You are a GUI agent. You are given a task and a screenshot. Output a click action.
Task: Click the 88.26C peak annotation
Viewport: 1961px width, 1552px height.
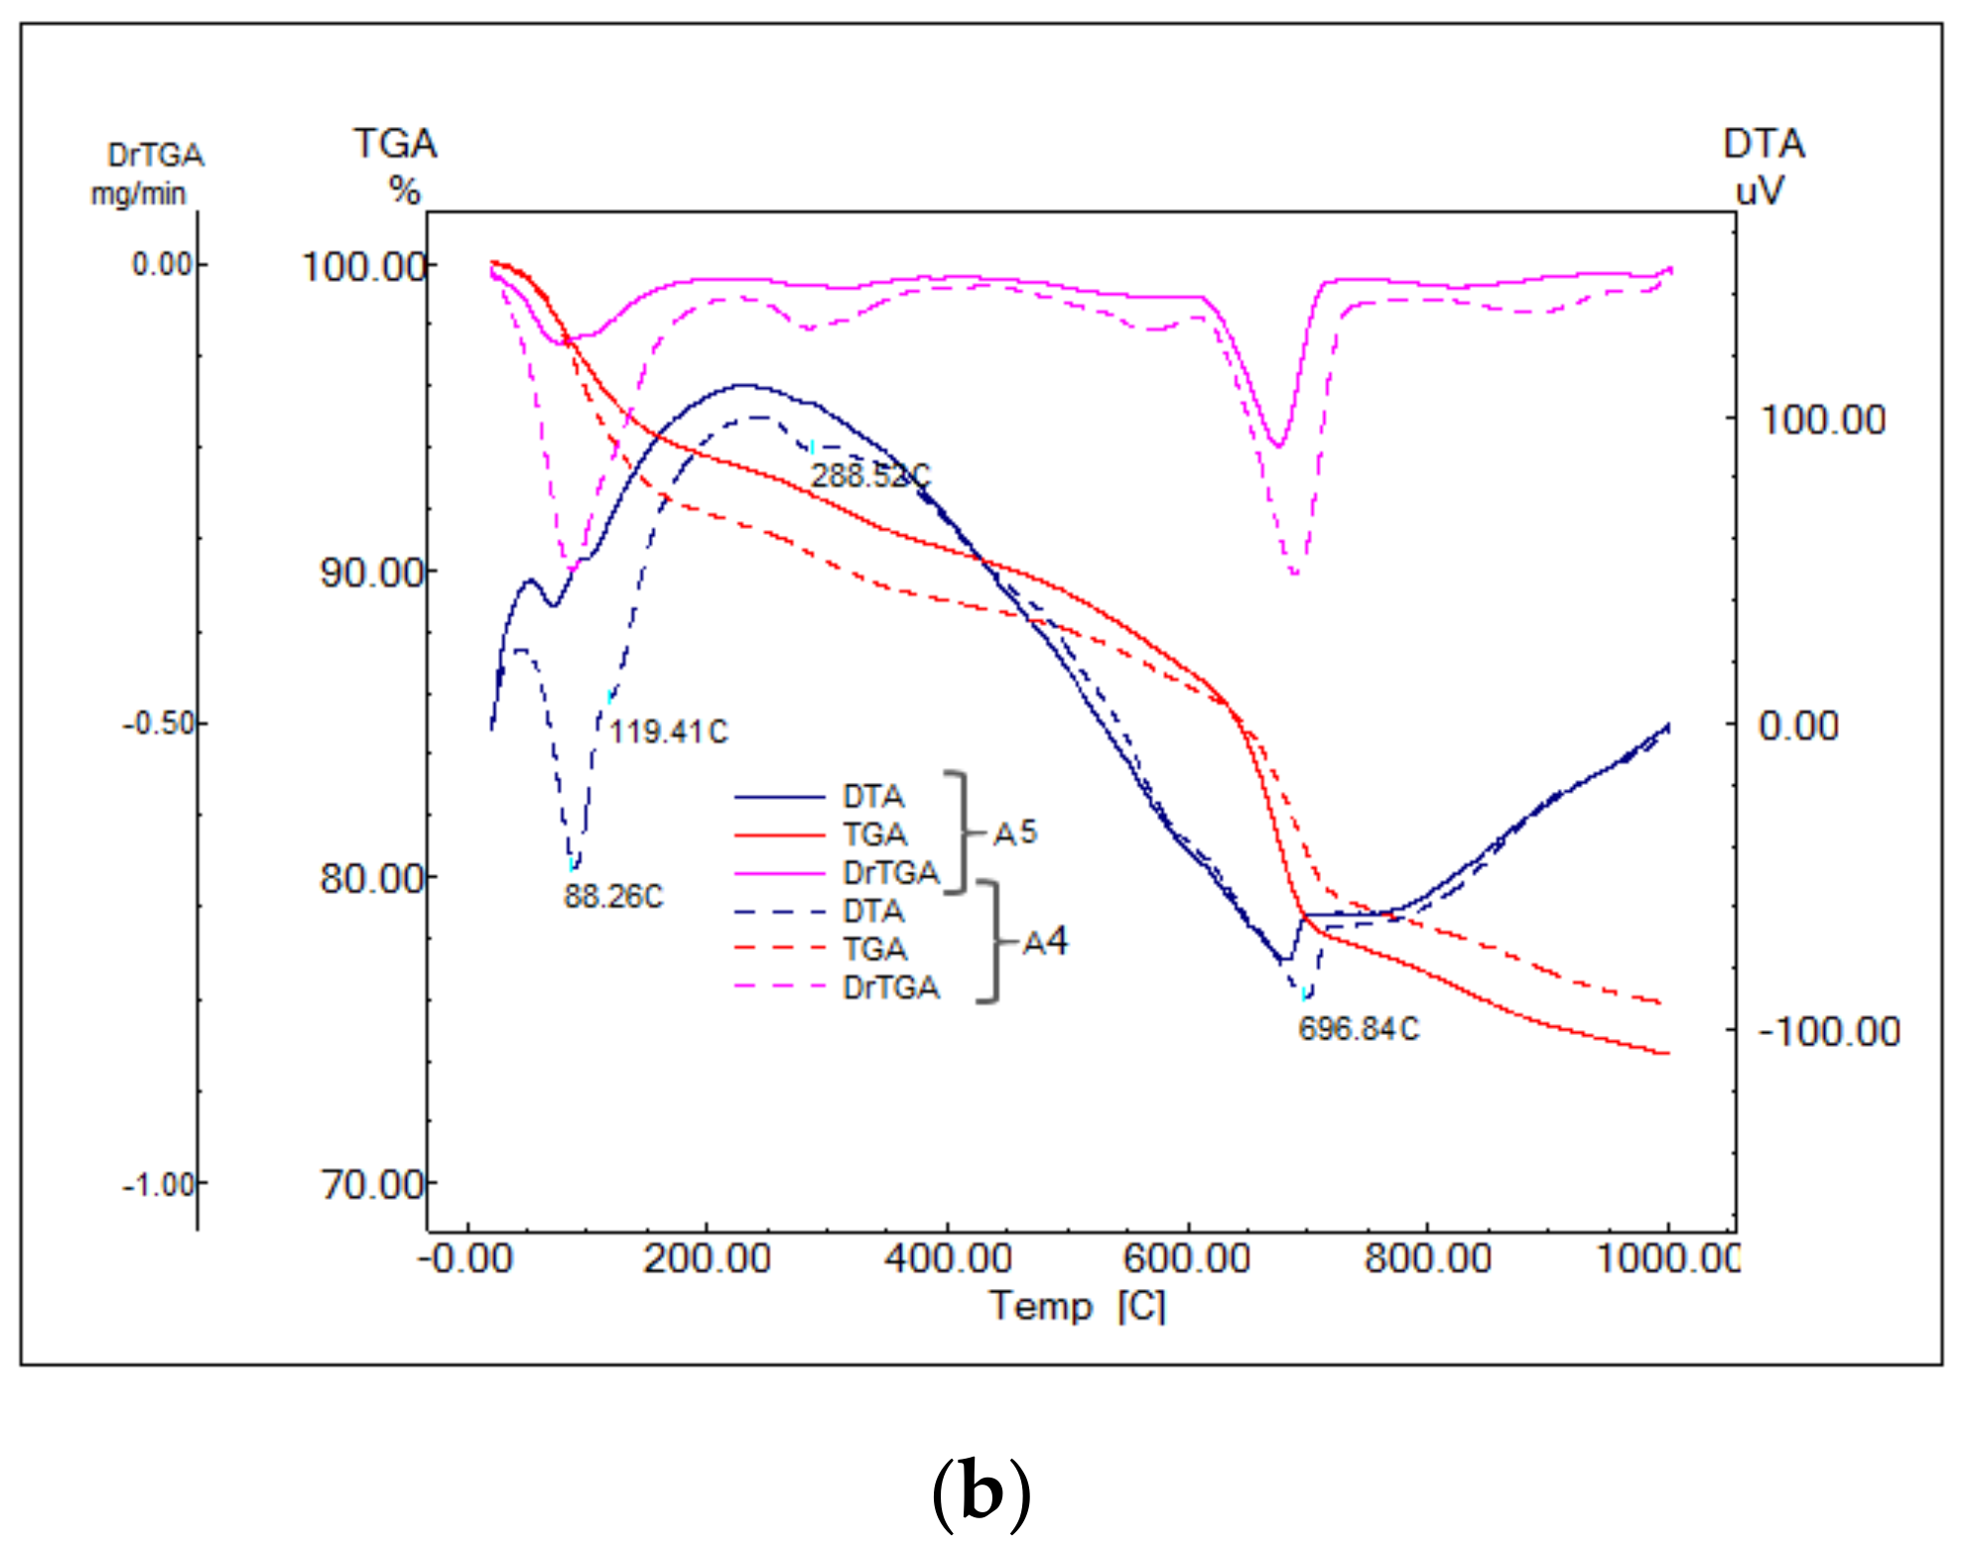pos(612,896)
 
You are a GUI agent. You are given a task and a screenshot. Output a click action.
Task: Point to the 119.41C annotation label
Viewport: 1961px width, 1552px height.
pos(668,731)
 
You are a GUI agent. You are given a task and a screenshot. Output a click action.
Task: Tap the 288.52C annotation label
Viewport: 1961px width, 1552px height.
pos(870,475)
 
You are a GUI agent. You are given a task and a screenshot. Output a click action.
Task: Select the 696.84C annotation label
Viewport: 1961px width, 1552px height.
pos(1359,1028)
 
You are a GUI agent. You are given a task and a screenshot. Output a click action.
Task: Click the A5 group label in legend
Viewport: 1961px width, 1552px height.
pos(1015,833)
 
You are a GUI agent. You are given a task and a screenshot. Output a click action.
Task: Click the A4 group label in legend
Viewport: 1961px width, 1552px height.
pos(1045,941)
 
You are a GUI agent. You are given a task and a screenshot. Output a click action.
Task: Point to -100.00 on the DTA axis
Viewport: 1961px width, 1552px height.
pos(1829,1031)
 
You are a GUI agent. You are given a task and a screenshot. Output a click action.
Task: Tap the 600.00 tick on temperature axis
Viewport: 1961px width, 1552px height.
pos(1187,1258)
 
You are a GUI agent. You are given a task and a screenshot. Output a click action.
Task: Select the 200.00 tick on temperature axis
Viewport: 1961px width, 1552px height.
pos(707,1258)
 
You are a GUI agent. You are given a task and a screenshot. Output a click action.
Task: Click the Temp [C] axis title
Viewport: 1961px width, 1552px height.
pos(1078,1305)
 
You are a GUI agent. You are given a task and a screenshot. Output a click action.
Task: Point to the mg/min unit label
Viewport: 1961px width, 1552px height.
pos(138,194)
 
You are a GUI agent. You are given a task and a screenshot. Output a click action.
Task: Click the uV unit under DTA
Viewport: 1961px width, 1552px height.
pos(1759,190)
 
